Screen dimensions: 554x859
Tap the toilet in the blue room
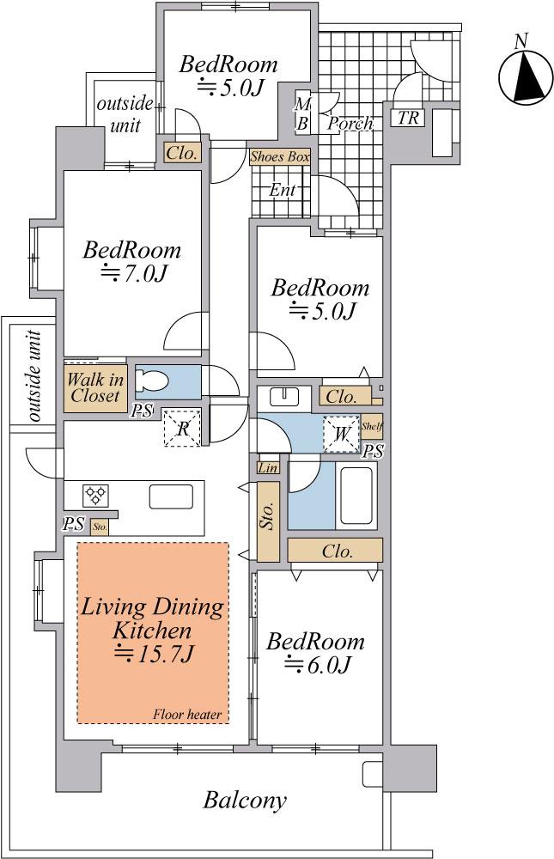152,381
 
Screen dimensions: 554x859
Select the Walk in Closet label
94,387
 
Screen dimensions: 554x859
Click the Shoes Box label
280,157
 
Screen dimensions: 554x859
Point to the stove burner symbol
95,496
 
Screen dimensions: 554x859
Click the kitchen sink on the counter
171,497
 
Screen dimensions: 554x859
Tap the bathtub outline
358,496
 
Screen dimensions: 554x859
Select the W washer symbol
341,434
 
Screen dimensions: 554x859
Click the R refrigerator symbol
182,428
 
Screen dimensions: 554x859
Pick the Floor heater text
187,715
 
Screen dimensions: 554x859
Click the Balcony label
245,801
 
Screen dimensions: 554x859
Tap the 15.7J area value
154,654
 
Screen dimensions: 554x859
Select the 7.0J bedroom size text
132,273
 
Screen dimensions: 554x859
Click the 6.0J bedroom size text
317,665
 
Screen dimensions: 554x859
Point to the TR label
408,118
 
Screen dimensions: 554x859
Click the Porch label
350,124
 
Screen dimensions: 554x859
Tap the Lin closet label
268,468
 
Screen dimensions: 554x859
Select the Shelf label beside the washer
372,427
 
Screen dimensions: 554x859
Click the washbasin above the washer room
284,397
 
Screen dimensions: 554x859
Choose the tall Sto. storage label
268,515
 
